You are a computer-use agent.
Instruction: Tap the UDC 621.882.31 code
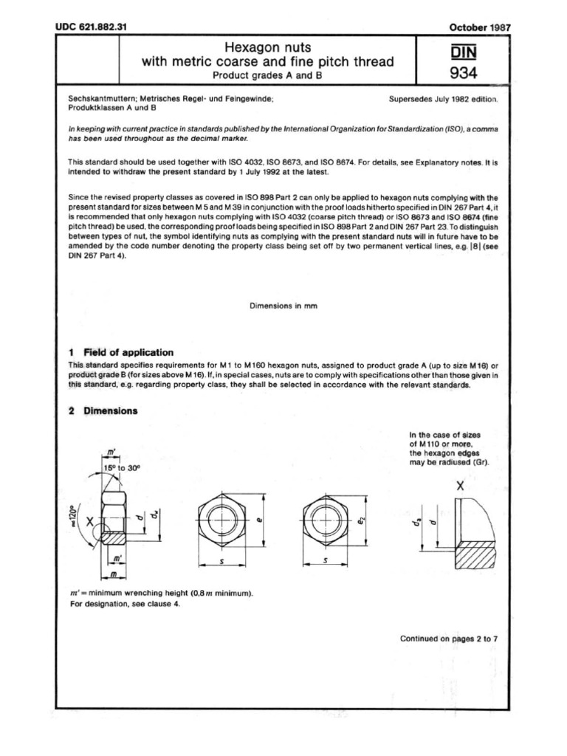pos(92,27)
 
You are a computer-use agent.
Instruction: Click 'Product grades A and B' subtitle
pos(268,75)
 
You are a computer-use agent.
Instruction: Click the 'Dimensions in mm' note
pos(283,306)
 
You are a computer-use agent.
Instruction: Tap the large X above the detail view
pos(460,487)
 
